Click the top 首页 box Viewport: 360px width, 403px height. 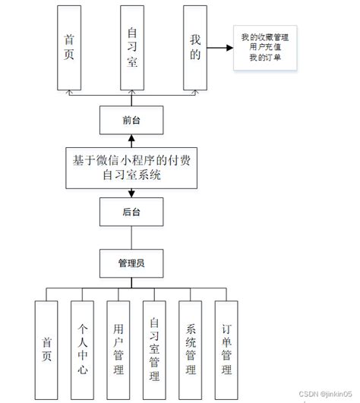coord(69,47)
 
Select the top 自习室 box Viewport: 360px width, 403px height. coord(131,47)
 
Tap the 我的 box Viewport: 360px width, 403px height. coord(194,47)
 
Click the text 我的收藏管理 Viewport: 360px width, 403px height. coord(265,36)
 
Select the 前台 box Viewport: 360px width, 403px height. coord(131,119)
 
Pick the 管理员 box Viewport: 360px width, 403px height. coord(131,263)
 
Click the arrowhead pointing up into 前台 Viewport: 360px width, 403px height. coord(131,137)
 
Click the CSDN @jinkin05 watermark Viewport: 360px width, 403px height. coord(324,393)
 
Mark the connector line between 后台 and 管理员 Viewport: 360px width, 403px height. coord(131,238)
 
